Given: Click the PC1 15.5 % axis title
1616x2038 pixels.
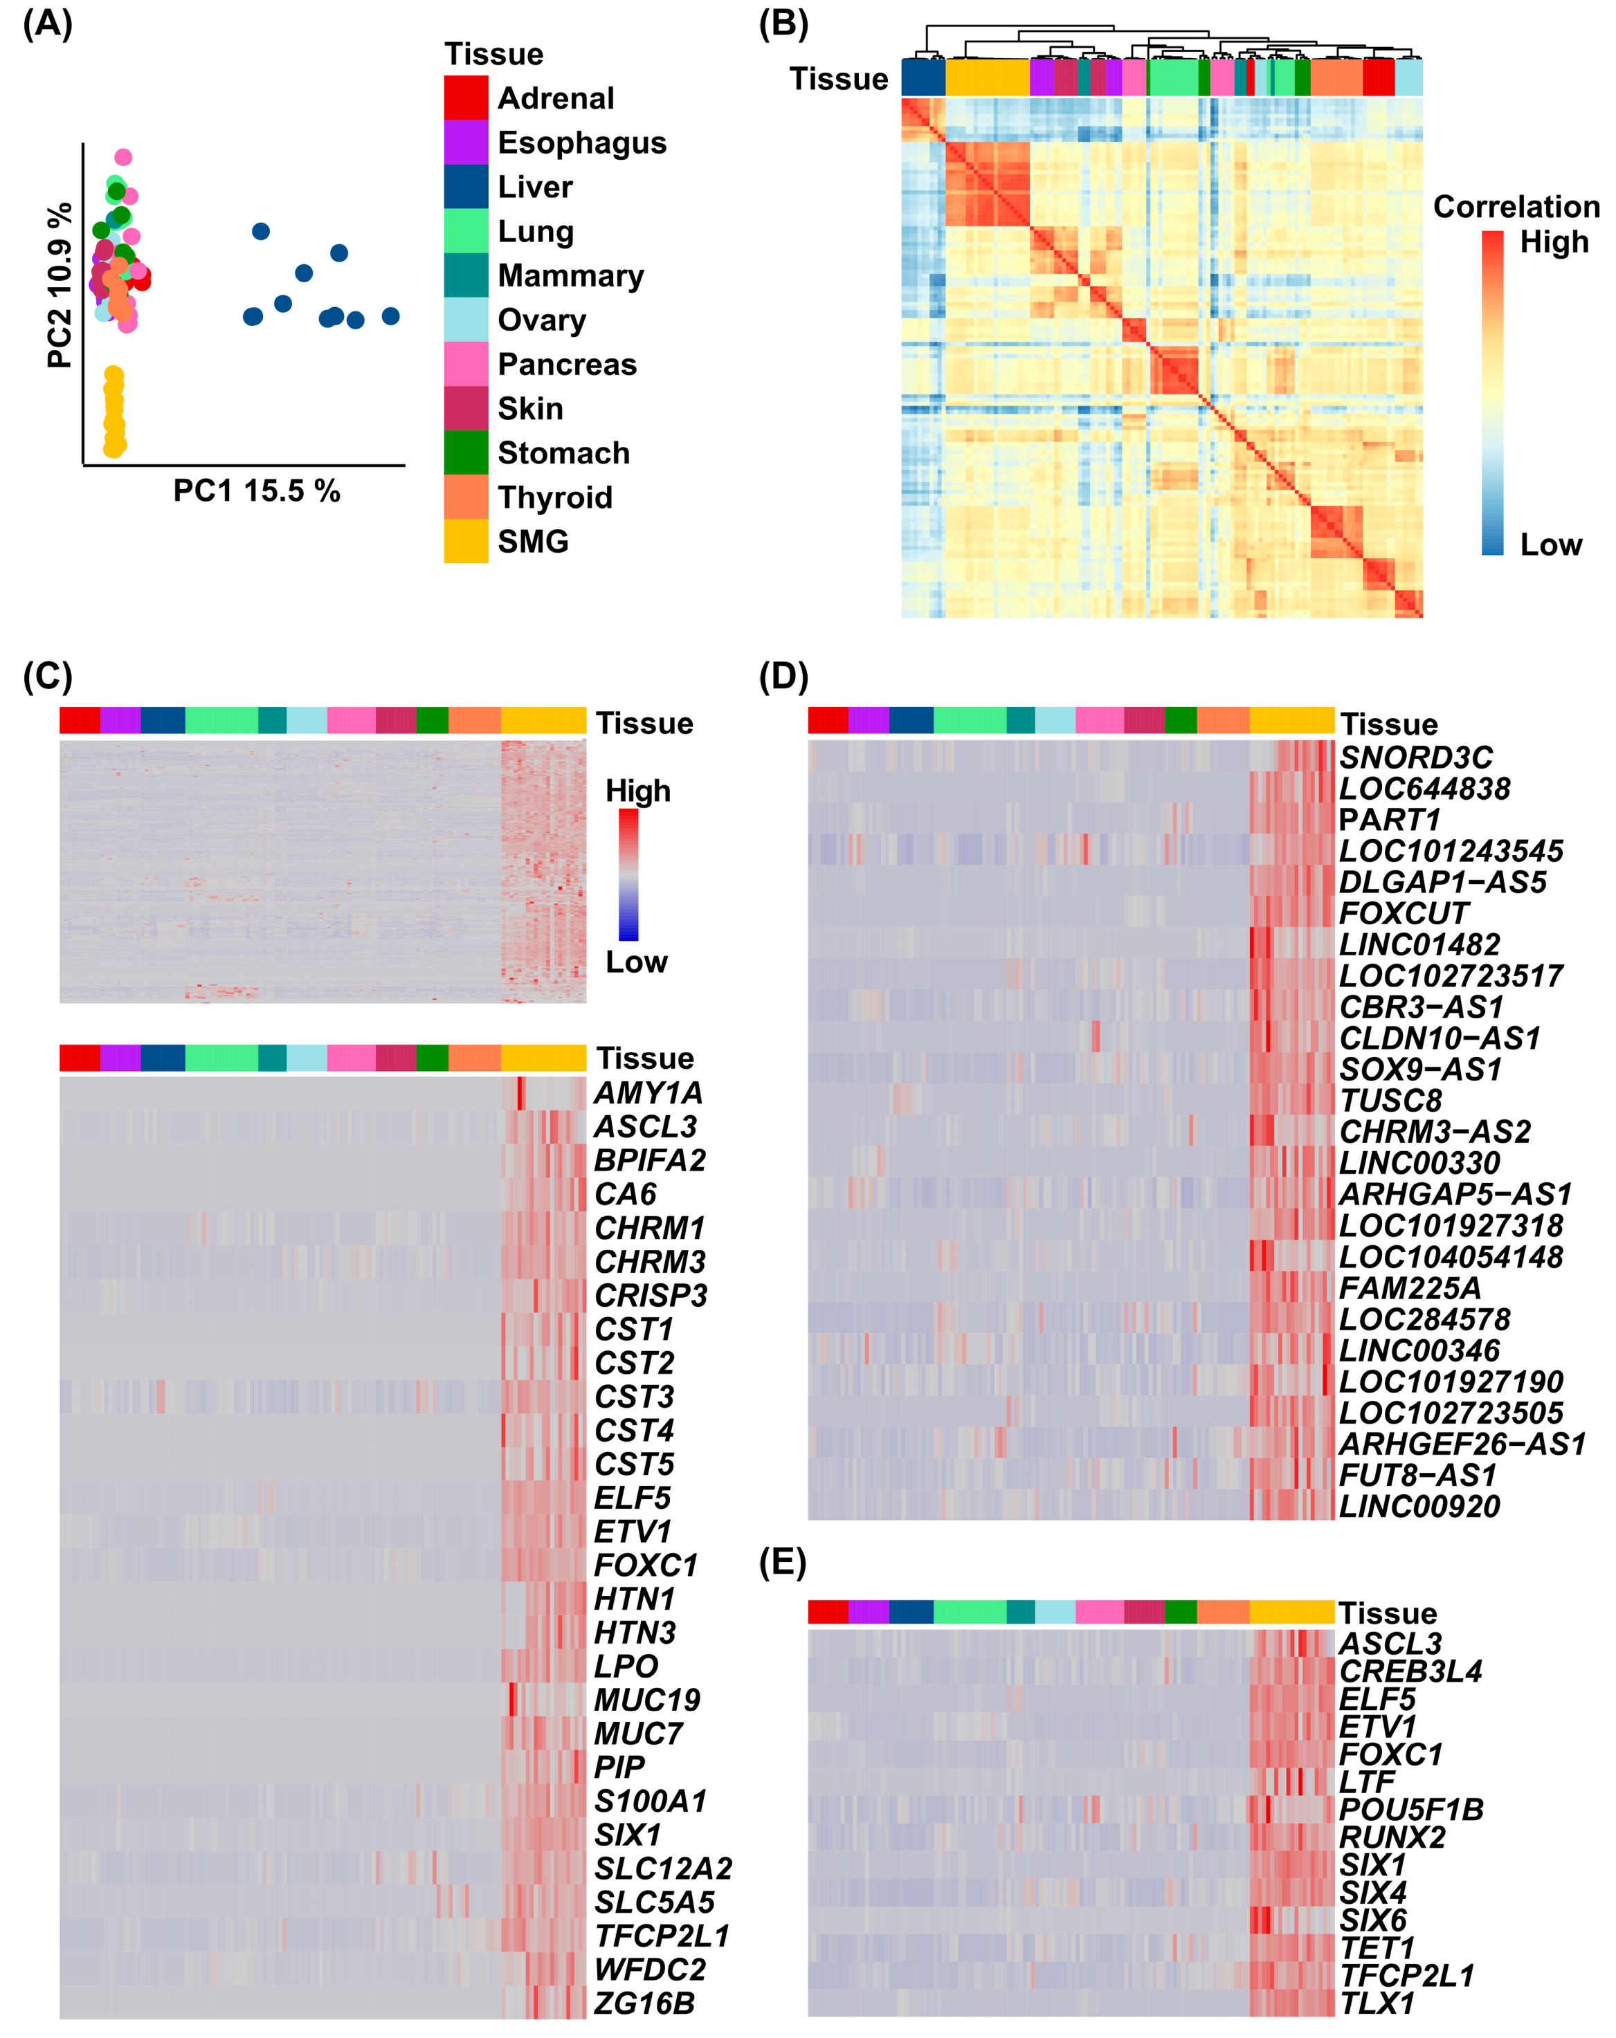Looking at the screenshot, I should [256, 490].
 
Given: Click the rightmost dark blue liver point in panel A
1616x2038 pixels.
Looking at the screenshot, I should [390, 315].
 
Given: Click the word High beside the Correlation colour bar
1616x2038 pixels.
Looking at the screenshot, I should [1554, 242].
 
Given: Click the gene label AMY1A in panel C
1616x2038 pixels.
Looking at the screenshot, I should [648, 1093].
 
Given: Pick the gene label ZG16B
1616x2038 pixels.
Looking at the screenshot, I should [644, 2002].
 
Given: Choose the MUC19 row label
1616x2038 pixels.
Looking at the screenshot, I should [647, 1700].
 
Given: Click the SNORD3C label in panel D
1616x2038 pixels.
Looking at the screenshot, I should [1415, 758].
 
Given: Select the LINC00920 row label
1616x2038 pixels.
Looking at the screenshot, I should [1418, 1506].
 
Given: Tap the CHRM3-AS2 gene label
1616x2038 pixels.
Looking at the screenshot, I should [1435, 1132].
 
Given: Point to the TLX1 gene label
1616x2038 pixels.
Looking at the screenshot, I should [1376, 2002].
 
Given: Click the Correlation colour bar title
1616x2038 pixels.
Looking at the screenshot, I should [1516, 206].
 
